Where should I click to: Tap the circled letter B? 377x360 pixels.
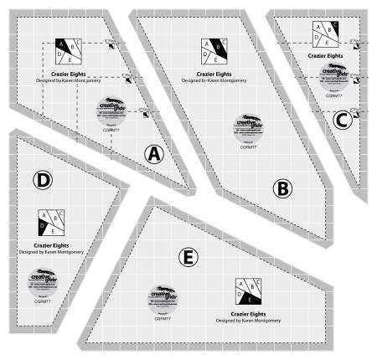pyautogui.click(x=281, y=189)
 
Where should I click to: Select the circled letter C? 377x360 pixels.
pyautogui.click(x=341, y=120)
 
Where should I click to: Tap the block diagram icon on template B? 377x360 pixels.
pyautogui.click(x=213, y=52)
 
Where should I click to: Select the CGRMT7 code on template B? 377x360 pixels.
pyautogui.click(x=247, y=147)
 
